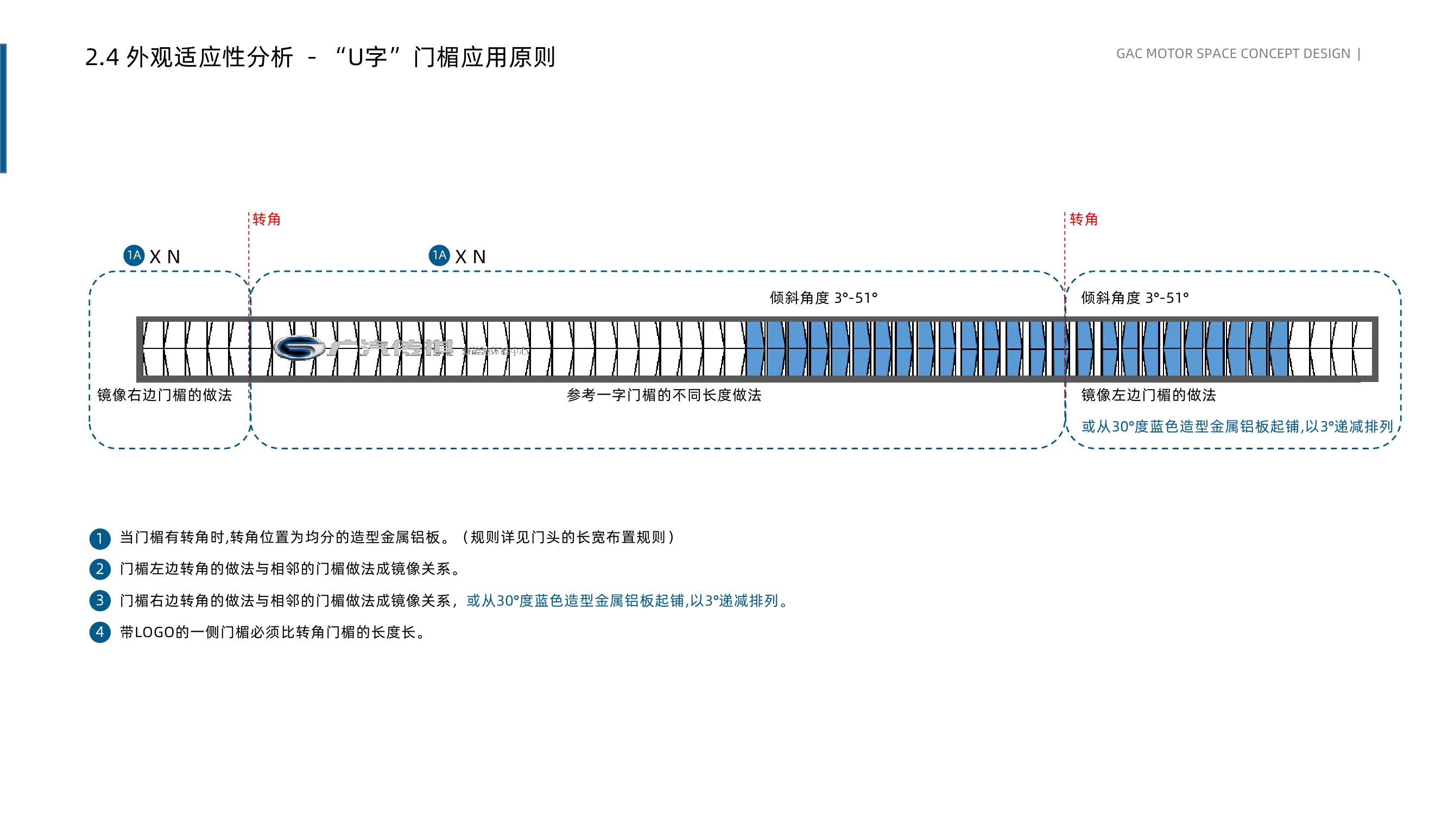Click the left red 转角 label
tap(266, 219)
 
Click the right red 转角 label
tap(1083, 219)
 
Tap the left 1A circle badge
tap(134, 256)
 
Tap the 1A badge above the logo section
tap(439, 256)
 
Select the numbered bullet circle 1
tap(99, 538)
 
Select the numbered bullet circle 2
tap(99, 569)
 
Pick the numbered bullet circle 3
tap(99, 601)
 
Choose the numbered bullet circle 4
tap(99, 632)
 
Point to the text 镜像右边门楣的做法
tap(164, 395)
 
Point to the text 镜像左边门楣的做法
tap(1148, 395)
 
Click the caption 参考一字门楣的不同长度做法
tap(663, 395)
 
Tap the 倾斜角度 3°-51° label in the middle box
tap(823, 298)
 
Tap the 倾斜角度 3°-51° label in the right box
tap(1134, 298)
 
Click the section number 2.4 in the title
tap(102, 58)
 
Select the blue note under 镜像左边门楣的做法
tap(1237, 427)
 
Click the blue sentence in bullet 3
tap(627, 601)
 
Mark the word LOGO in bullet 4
tap(155, 633)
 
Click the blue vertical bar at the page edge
tap(3, 108)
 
